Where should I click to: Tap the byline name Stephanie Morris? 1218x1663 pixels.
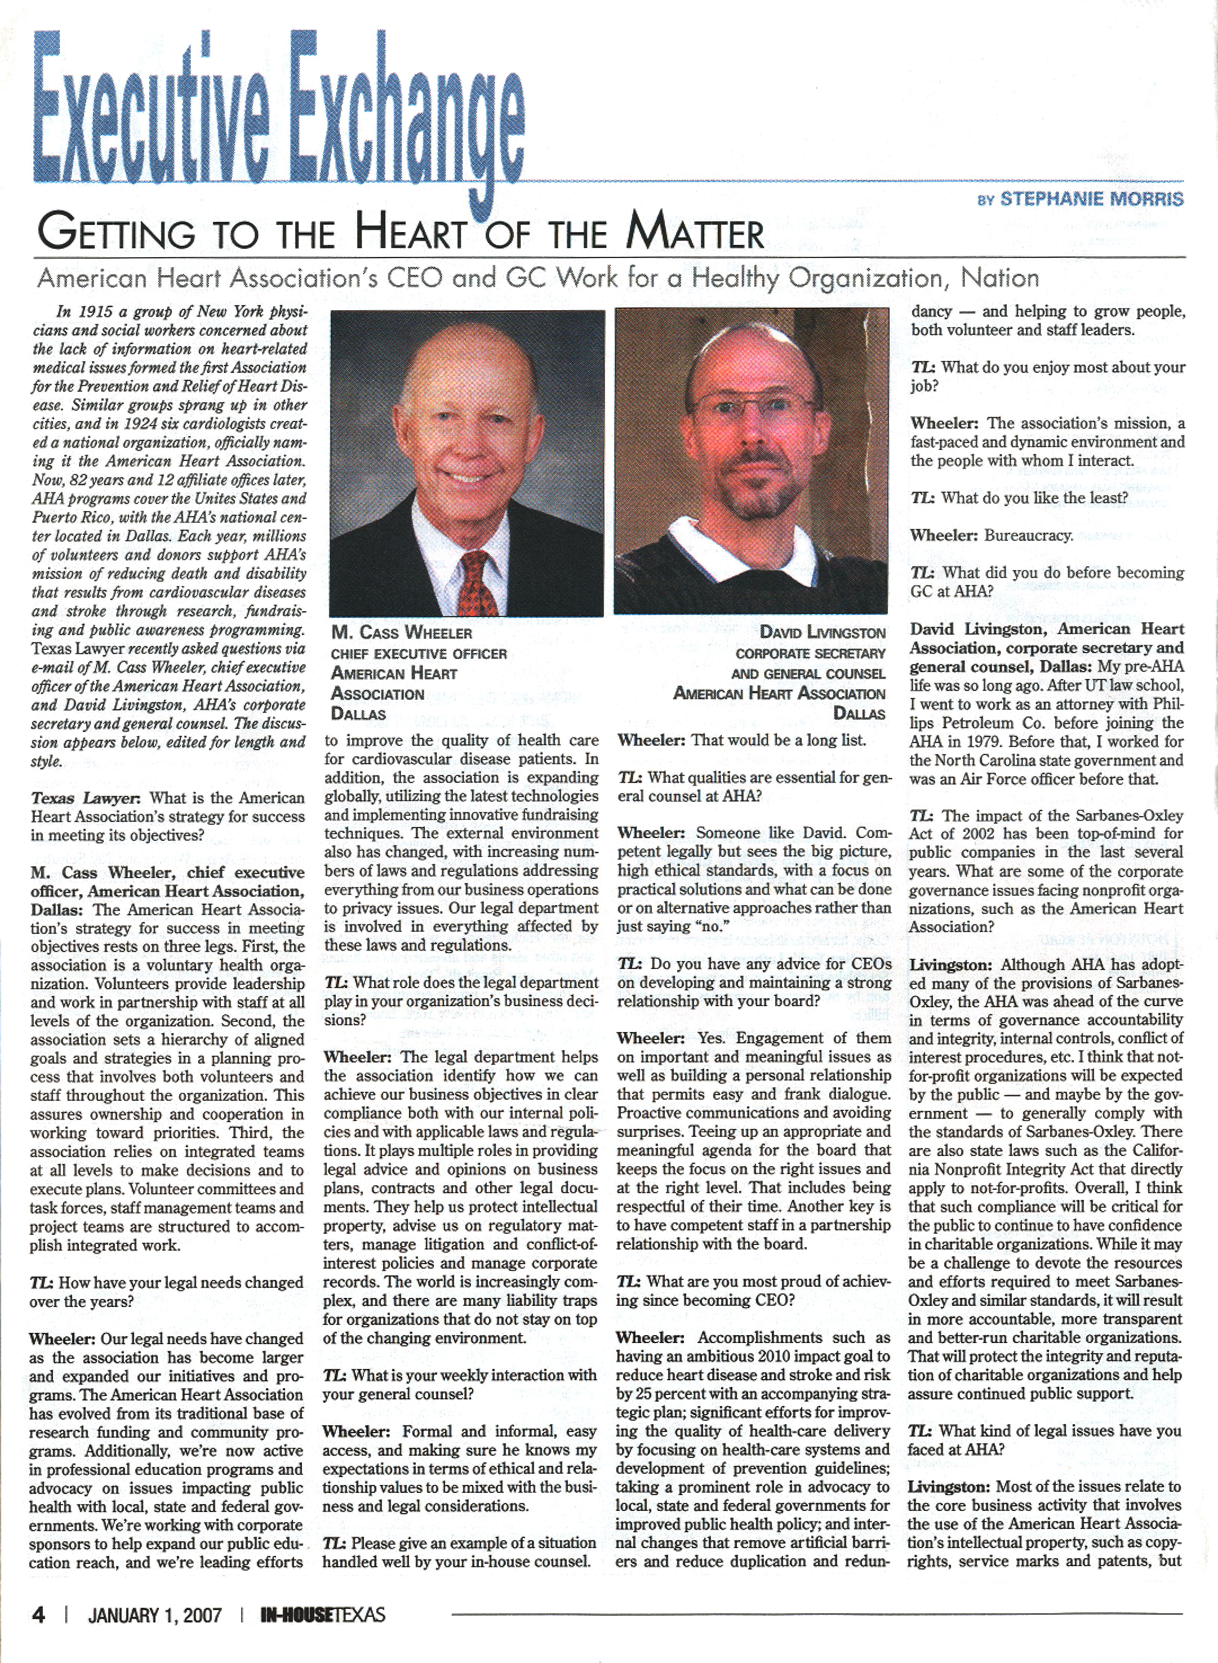click(1090, 199)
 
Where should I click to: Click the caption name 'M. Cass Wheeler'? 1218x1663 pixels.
click(402, 633)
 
